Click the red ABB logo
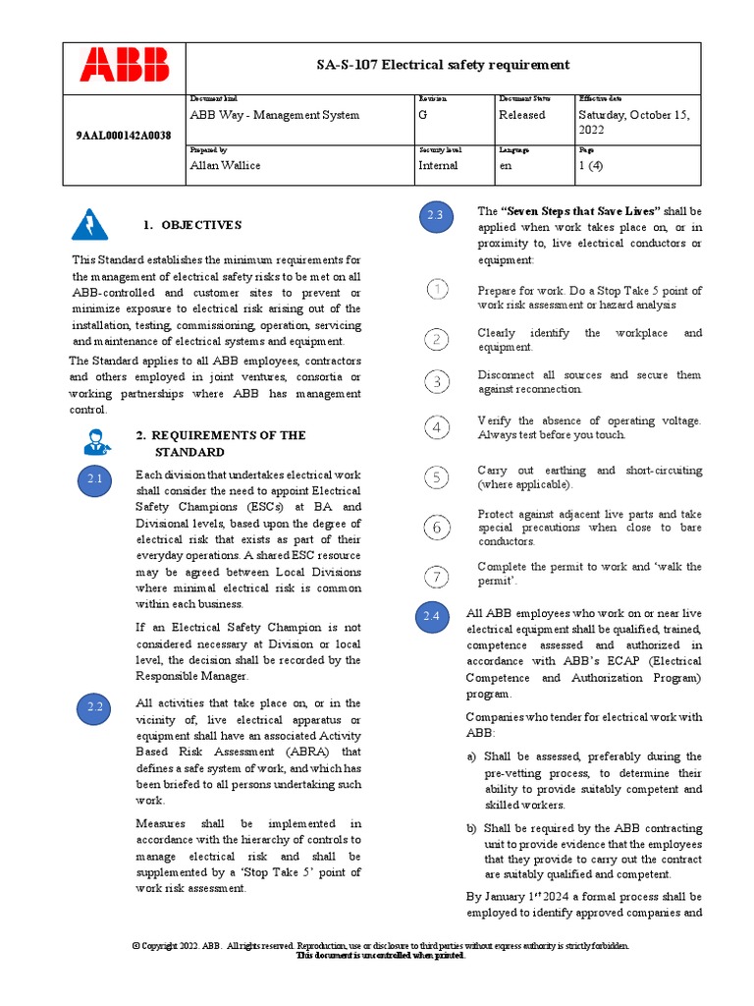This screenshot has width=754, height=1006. [125, 66]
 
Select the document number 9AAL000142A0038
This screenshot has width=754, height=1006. [123, 136]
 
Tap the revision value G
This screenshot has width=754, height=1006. [422, 115]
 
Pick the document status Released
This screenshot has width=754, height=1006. [521, 115]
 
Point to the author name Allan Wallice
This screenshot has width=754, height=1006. [225, 165]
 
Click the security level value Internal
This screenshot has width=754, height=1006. [438, 165]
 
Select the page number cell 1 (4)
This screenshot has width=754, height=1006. [592, 165]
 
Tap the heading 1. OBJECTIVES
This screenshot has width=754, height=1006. [191, 225]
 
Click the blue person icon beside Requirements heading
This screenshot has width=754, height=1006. [96, 441]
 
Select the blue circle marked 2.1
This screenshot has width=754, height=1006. [95, 479]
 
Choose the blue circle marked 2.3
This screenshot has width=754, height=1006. [434, 216]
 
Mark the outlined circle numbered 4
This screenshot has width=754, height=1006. [437, 427]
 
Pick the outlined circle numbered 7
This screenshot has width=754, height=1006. [437, 576]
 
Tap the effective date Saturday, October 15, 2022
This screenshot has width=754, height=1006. [634, 122]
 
